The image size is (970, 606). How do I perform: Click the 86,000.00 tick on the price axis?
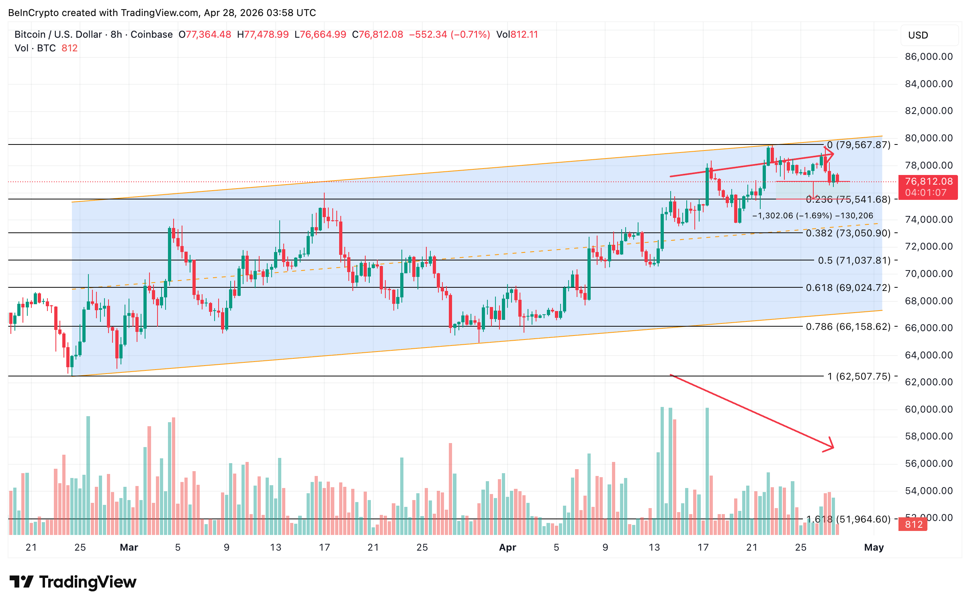[928, 57]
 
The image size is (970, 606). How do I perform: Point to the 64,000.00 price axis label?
[928, 355]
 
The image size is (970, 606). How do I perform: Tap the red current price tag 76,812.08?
[928, 182]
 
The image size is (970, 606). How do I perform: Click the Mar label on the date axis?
[129, 547]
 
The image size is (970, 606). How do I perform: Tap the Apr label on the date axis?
[508, 547]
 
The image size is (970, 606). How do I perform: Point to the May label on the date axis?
[874, 547]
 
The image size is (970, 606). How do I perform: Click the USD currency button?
[929, 35]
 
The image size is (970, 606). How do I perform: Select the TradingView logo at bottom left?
[73, 582]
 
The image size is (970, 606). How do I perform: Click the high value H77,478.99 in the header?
[263, 35]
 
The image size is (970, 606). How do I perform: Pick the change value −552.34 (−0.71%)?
[449, 35]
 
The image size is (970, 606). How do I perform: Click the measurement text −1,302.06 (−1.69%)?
[792, 216]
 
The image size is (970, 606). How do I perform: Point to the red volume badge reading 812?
[913, 525]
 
